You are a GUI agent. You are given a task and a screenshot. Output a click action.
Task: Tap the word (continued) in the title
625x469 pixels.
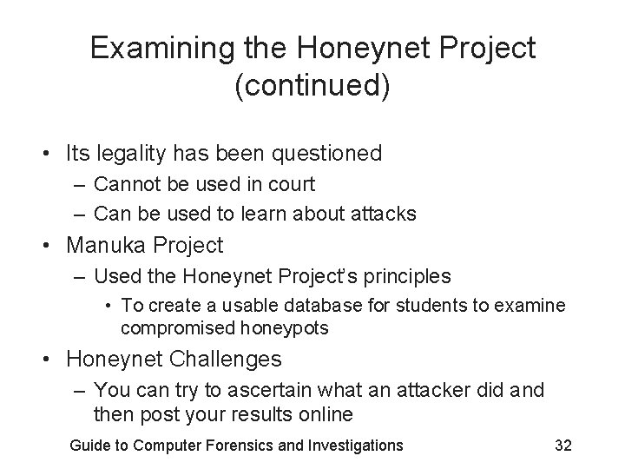(x=312, y=87)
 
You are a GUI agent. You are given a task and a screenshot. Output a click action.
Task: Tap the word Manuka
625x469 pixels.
(x=106, y=246)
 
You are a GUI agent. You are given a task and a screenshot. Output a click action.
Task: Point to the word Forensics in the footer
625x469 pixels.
(x=240, y=446)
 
